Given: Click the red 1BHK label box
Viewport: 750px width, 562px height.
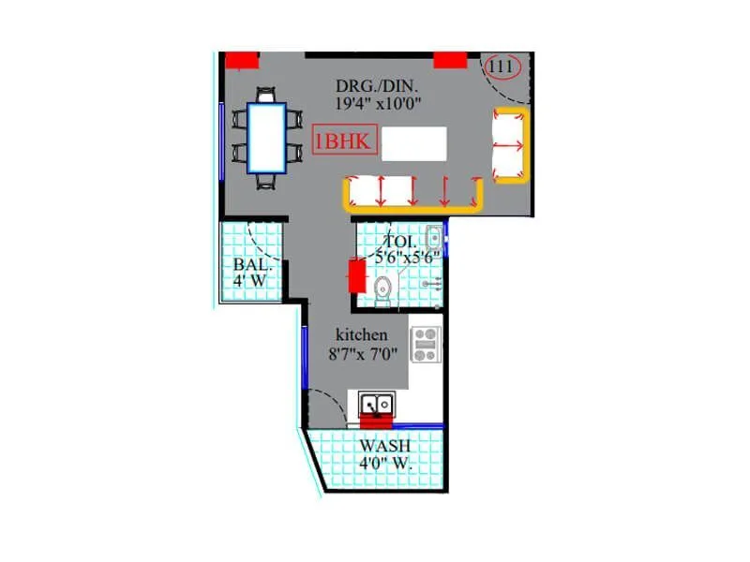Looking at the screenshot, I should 346,142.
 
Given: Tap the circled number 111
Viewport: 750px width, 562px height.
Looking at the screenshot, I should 502,67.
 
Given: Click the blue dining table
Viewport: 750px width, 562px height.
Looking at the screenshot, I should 266,137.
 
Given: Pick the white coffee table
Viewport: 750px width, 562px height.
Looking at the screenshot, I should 414,143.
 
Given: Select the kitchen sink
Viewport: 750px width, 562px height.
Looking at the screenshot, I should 377,405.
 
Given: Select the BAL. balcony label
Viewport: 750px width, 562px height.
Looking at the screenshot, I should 250,264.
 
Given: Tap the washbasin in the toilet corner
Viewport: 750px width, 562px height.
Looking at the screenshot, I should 434,235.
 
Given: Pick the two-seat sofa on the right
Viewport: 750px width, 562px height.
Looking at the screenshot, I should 509,145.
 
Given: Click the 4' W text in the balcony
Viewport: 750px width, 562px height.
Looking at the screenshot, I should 250,280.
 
